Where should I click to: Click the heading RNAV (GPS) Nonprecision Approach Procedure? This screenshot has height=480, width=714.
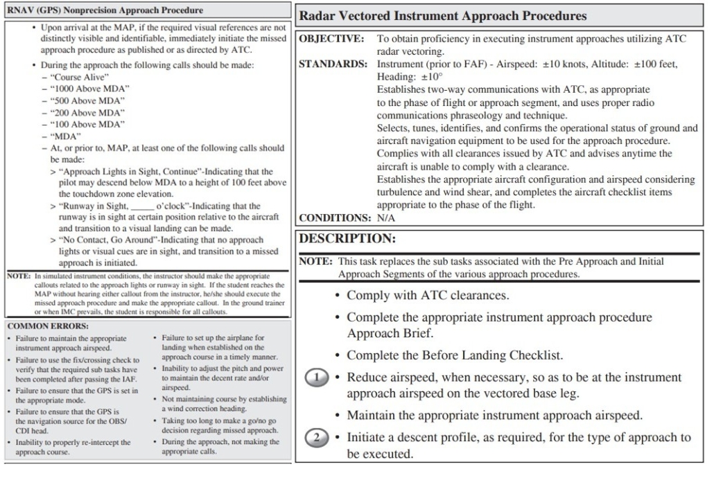point(105,11)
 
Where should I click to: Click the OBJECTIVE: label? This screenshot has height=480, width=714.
point(331,39)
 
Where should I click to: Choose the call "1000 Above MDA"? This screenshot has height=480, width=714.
point(89,89)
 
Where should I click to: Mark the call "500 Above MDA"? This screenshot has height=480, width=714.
point(86,100)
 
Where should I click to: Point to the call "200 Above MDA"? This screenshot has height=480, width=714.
point(86,112)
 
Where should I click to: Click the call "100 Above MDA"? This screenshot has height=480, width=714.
point(86,123)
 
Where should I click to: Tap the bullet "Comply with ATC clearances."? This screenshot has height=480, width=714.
point(427,296)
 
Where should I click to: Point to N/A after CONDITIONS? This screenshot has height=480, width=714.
point(386,217)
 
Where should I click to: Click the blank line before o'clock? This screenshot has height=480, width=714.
point(152,206)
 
